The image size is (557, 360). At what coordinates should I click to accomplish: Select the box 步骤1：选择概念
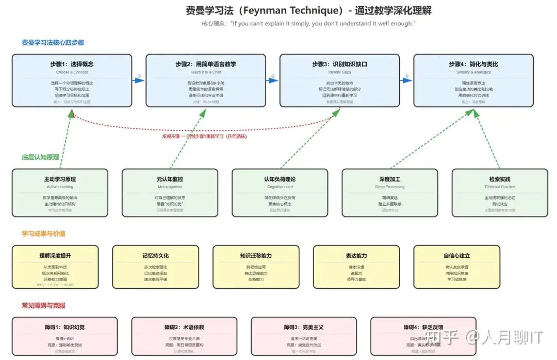(x=72, y=80)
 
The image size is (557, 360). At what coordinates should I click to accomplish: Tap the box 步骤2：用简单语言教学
(x=206, y=80)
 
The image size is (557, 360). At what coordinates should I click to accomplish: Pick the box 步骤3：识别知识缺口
(x=339, y=80)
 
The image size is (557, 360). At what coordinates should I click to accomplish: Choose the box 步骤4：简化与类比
(x=473, y=80)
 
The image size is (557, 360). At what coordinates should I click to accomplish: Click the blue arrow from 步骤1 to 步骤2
(x=139, y=80)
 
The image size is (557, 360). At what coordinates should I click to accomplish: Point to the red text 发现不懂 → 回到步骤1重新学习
(x=204, y=136)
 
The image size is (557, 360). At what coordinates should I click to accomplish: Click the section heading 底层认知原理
(x=40, y=157)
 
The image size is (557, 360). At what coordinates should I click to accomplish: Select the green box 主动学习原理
(x=60, y=192)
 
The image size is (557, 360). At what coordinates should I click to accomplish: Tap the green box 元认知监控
(x=170, y=192)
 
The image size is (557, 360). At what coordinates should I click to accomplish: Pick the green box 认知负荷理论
(x=280, y=192)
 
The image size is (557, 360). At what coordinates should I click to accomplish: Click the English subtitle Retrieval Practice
(x=499, y=187)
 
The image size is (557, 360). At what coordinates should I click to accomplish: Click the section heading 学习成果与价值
(x=43, y=234)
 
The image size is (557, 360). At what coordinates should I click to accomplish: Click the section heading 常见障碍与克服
(x=43, y=305)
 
